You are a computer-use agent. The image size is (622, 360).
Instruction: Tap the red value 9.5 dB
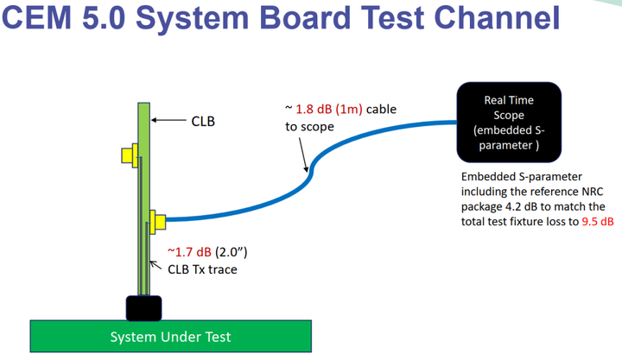[x=595, y=222]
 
